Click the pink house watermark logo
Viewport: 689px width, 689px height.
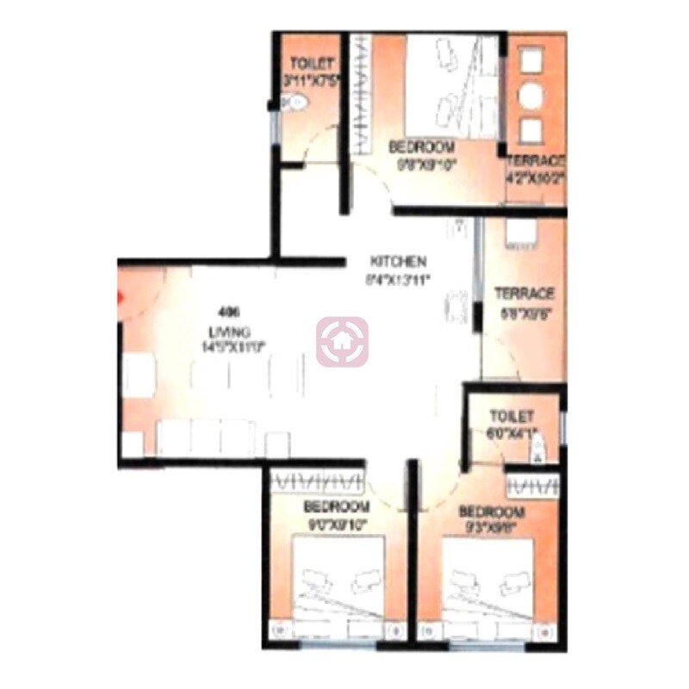coord(342,342)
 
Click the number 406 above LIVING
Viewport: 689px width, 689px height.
coord(228,311)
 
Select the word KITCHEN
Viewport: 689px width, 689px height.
coord(398,261)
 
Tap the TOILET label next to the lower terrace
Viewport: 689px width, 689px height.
coord(512,416)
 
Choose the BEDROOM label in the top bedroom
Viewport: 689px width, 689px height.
coord(421,146)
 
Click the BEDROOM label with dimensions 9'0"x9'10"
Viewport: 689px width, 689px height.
coord(337,506)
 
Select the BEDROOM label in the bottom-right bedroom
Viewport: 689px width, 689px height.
coord(492,512)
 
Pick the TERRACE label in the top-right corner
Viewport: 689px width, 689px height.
coord(535,161)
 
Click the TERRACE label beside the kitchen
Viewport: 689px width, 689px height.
coord(524,294)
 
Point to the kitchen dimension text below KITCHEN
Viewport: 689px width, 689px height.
coord(398,278)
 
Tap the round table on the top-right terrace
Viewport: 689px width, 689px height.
coord(532,96)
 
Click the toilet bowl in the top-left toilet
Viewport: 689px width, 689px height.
coord(294,104)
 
